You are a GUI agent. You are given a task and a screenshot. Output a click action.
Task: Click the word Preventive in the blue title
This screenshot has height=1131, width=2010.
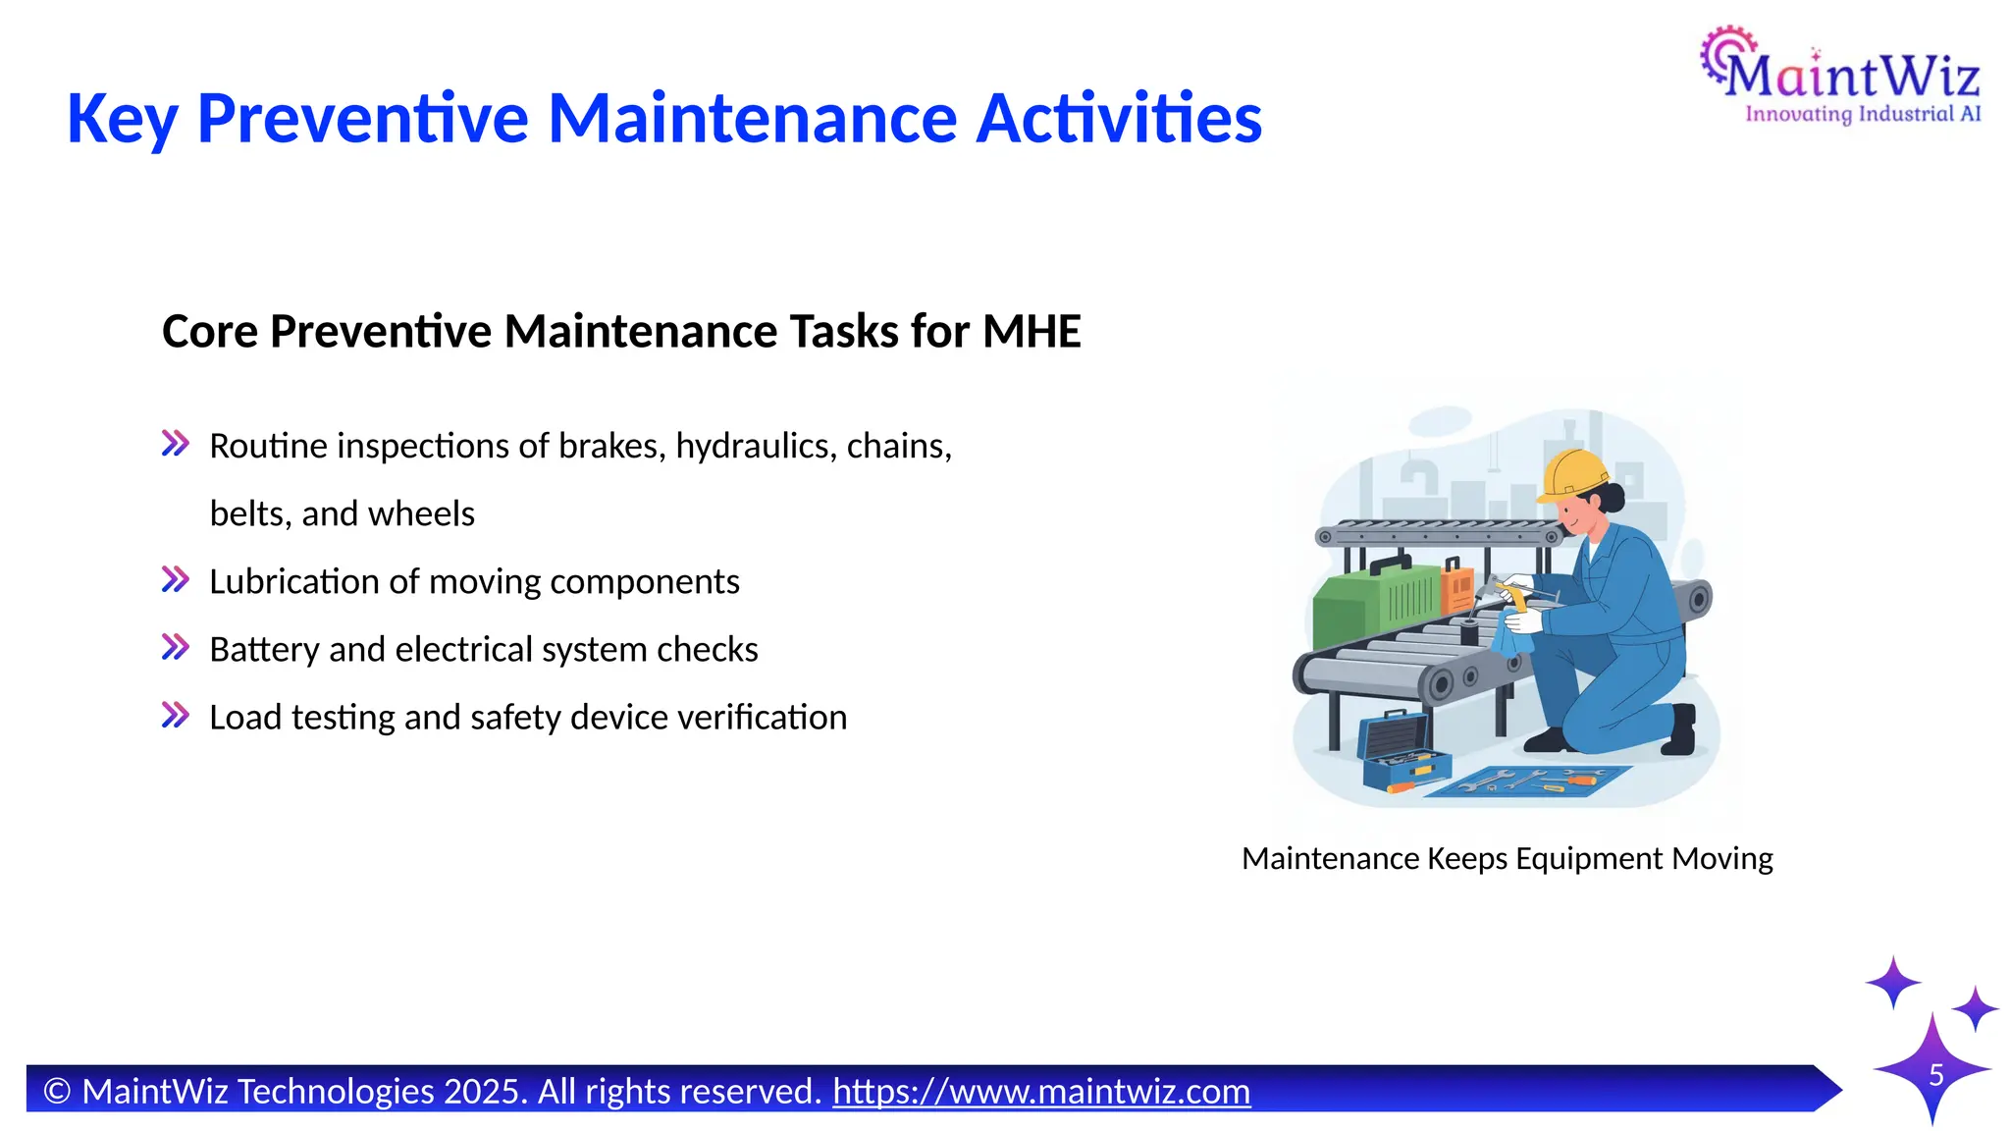362,119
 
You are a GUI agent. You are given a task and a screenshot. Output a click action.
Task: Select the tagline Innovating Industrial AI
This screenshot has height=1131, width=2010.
1862,114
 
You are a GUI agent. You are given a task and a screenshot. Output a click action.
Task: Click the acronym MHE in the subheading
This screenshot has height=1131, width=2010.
1031,332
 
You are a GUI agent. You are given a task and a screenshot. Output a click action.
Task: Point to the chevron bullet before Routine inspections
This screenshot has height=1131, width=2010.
176,444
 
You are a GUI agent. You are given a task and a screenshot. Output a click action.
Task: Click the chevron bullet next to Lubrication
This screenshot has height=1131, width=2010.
176,579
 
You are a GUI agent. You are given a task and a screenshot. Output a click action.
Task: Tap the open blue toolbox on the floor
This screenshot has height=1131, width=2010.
1402,751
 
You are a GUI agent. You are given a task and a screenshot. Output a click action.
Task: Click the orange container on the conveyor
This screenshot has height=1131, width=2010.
1457,589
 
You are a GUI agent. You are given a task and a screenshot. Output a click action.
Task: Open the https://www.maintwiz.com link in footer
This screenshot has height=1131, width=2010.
1041,1092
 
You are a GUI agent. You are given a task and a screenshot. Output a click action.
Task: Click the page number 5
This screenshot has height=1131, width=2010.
1935,1075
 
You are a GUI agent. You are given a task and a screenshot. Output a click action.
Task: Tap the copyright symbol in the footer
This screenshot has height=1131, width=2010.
58,1092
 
